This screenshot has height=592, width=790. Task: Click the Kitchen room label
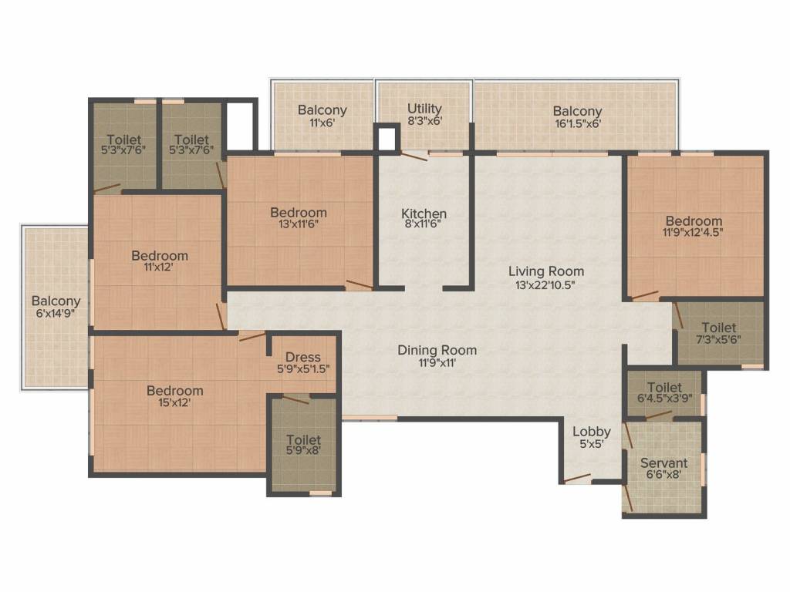coord(424,214)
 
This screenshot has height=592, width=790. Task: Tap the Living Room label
coord(546,271)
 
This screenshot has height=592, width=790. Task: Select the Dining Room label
coord(437,350)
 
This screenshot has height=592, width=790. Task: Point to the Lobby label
coord(592,432)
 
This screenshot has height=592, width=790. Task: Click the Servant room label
coord(663,462)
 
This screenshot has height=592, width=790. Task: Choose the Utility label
coord(424,108)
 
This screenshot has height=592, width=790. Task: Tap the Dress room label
coord(302,357)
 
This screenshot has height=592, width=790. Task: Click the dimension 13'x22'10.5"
coord(545,285)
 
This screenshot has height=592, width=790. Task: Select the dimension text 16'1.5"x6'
coord(577,123)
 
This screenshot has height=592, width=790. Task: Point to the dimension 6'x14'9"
coord(56,313)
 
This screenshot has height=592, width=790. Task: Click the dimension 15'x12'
coord(175,402)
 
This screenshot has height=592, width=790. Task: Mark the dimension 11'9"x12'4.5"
coord(694,233)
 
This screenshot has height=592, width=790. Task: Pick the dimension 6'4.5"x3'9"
coord(664,398)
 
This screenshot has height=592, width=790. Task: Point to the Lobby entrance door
coord(576,478)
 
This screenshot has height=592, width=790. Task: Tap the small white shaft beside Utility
coord(387,139)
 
